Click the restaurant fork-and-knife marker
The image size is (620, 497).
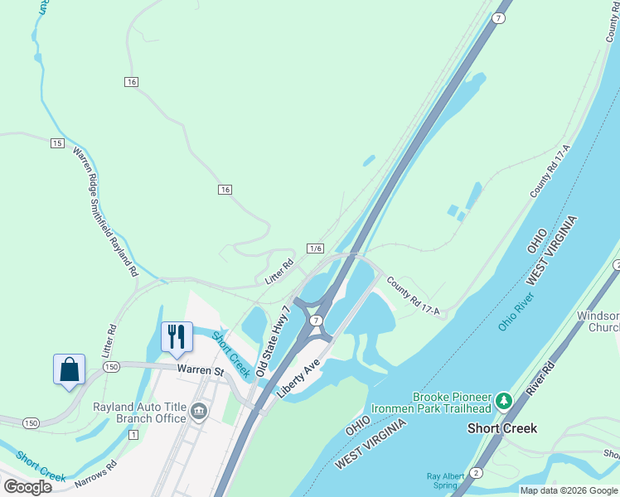point(176,335)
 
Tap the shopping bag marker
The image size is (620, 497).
point(70,369)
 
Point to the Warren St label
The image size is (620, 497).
point(200,370)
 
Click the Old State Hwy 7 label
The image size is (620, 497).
point(274,341)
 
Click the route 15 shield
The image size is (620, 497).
point(56,143)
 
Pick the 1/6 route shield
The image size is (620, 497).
point(315,248)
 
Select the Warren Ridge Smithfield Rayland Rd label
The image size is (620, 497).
point(104,211)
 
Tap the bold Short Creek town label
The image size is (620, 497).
point(501,428)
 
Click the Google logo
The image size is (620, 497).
point(28,487)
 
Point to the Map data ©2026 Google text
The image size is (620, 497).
point(568,490)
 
